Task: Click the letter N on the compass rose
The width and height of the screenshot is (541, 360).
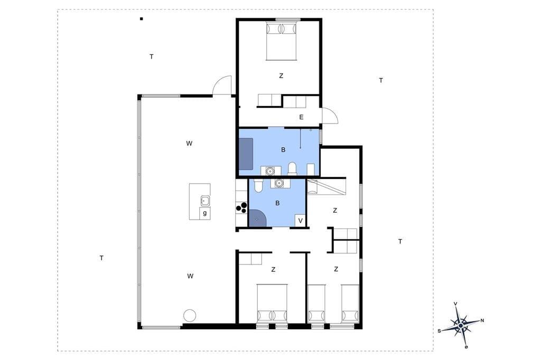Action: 482,320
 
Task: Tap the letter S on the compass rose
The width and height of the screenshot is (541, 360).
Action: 439,330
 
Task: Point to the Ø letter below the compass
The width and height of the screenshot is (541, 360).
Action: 466,347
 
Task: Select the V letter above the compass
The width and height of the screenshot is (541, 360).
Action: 455,304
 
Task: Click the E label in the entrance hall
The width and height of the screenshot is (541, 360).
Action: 301,117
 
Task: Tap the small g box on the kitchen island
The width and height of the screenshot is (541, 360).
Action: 205,213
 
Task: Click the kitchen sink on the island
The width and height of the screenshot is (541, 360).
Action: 206,201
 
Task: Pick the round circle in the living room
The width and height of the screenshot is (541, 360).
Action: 190,315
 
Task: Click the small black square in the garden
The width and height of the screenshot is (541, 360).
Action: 142,19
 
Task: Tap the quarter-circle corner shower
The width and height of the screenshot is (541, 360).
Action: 257,218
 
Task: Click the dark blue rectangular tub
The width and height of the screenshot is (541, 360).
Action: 246,154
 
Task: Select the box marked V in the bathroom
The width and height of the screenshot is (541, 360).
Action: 300,221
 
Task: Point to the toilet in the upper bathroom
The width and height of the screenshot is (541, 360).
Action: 293,168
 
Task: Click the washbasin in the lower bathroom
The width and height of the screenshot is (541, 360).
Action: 278,184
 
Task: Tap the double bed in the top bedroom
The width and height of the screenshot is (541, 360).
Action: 282,41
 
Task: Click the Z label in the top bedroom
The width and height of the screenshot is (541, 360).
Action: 281,75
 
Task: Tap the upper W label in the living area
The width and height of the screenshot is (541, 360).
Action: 189,144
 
